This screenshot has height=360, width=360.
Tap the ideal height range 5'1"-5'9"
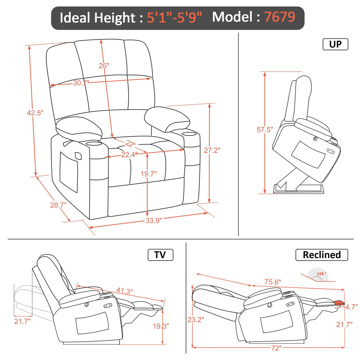[174, 18]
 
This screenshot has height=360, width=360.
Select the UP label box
[335, 44]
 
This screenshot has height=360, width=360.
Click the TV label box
[160, 255]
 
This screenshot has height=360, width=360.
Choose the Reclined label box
[321, 255]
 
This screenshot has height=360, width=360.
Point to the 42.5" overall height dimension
[35, 113]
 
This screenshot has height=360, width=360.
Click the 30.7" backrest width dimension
[81, 83]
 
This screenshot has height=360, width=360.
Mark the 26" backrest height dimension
[104, 66]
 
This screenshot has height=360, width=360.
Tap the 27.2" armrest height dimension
[212, 150]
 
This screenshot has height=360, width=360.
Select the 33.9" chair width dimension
[154, 220]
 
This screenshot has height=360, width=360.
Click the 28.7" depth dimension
[58, 205]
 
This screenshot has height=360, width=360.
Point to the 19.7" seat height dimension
[149, 174]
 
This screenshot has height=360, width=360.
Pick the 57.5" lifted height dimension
[265, 130]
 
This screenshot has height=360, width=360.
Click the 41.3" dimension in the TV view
[125, 291]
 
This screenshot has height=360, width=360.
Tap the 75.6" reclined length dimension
[273, 282]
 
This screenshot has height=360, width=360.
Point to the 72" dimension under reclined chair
[276, 348]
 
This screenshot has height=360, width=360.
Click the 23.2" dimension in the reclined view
[195, 320]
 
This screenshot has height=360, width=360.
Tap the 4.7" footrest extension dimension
[351, 307]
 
